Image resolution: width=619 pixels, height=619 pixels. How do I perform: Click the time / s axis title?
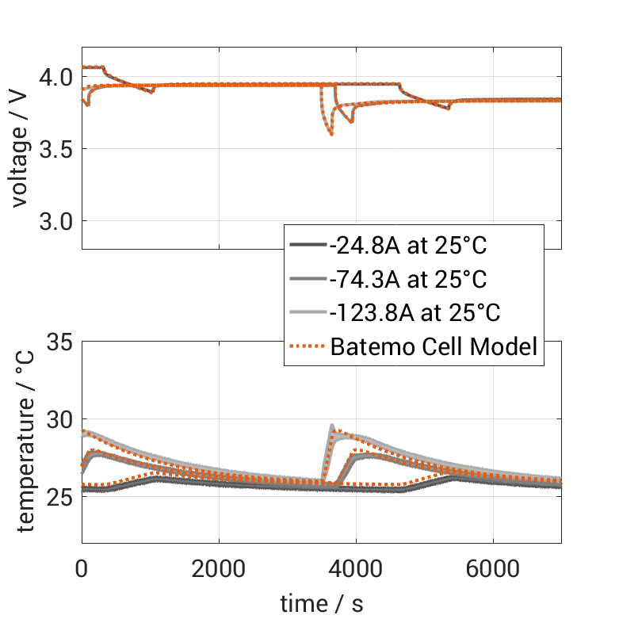coord(322,604)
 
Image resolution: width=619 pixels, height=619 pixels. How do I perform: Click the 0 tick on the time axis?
coord(82,568)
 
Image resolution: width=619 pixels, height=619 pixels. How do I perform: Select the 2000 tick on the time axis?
coord(219,568)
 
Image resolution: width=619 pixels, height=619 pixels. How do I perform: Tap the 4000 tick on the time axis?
coord(356,568)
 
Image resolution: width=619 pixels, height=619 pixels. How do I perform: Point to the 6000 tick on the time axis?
coord(493,568)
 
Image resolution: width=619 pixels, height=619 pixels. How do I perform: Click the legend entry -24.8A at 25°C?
coord(407,246)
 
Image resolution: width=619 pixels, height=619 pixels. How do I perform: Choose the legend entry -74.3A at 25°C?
coord(407,279)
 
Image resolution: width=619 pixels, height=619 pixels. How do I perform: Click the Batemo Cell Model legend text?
coord(434,346)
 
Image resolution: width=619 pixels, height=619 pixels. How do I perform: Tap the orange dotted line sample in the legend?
coord(308,346)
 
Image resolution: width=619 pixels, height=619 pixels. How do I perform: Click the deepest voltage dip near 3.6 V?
coord(331,135)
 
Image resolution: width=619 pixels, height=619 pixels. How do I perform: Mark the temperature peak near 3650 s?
coord(332,427)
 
